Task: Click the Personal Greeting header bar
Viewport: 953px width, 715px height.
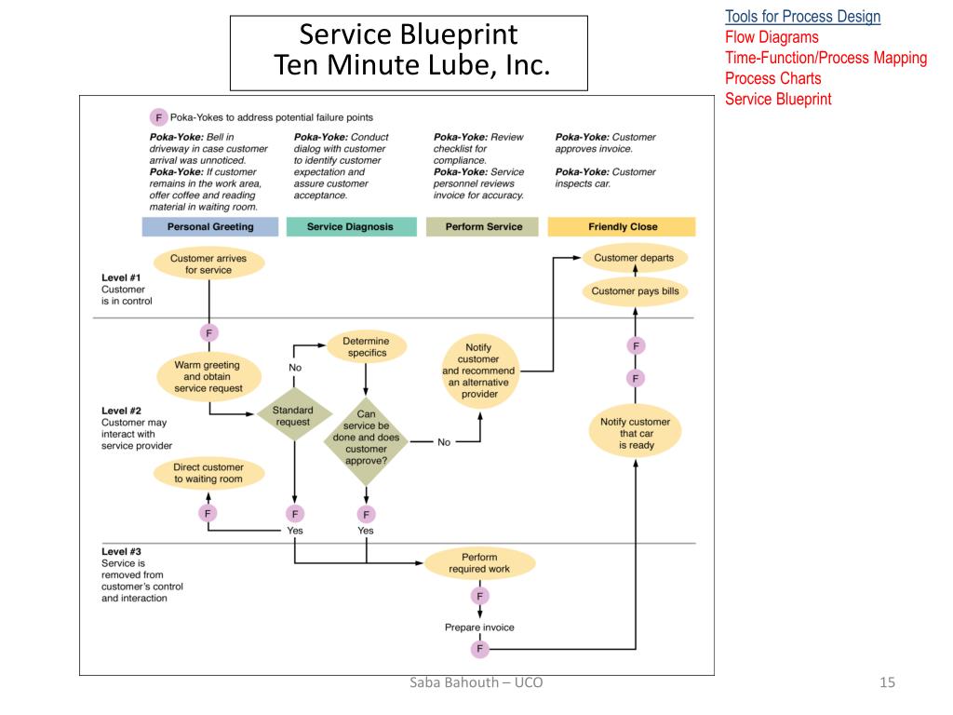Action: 210,227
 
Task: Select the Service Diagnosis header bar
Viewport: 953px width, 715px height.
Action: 351,227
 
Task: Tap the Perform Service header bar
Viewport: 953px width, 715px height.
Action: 483,227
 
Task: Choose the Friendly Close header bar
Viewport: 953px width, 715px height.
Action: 622,227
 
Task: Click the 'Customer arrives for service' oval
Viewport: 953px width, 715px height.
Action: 208,263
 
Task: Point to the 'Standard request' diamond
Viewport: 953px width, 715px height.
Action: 293,416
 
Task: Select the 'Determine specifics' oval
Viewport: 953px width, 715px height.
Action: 366,346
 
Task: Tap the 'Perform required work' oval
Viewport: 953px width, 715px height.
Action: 479,563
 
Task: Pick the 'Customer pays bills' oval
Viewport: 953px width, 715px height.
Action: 635,291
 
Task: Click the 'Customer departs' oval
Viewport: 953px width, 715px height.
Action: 634,258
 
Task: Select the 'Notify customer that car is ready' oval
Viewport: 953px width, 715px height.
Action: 636,433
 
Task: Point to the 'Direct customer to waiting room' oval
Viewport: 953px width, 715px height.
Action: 208,473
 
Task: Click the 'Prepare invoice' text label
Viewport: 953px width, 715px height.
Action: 479,627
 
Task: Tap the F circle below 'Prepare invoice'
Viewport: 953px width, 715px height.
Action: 479,649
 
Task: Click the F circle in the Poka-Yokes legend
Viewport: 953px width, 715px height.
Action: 158,117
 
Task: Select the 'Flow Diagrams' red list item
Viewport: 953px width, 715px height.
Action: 772,37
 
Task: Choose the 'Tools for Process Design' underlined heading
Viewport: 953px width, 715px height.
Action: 803,17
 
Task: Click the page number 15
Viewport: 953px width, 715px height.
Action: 887,682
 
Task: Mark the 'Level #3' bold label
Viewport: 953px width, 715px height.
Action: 122,551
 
